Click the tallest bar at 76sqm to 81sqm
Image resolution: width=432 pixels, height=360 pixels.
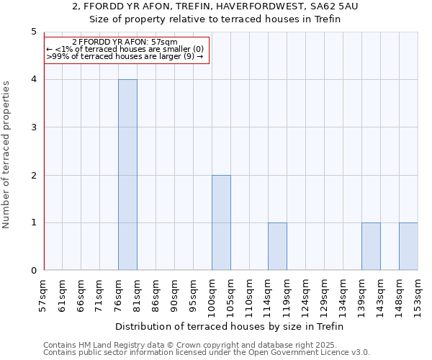[127, 175]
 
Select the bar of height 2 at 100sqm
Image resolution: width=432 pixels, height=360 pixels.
[221, 222]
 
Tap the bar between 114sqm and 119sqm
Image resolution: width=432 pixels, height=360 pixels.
[277, 246]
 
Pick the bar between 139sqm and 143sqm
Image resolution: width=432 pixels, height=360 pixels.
[371, 246]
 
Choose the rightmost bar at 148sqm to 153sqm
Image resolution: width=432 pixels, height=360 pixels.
[408, 246]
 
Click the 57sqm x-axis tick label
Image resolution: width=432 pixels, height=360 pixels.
[44, 294]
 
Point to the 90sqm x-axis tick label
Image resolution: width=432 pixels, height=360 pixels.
[175, 294]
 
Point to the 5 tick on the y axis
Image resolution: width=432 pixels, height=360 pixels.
[34, 32]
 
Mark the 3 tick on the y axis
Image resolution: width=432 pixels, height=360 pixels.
[34, 127]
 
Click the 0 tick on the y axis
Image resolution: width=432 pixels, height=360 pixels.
[34, 271]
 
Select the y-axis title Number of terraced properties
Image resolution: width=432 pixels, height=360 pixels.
[7, 155]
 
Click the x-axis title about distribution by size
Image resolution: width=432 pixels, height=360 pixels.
[229, 326]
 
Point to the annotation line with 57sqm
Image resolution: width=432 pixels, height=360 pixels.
[125, 42]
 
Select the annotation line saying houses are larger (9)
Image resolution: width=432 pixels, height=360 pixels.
[125, 56]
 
